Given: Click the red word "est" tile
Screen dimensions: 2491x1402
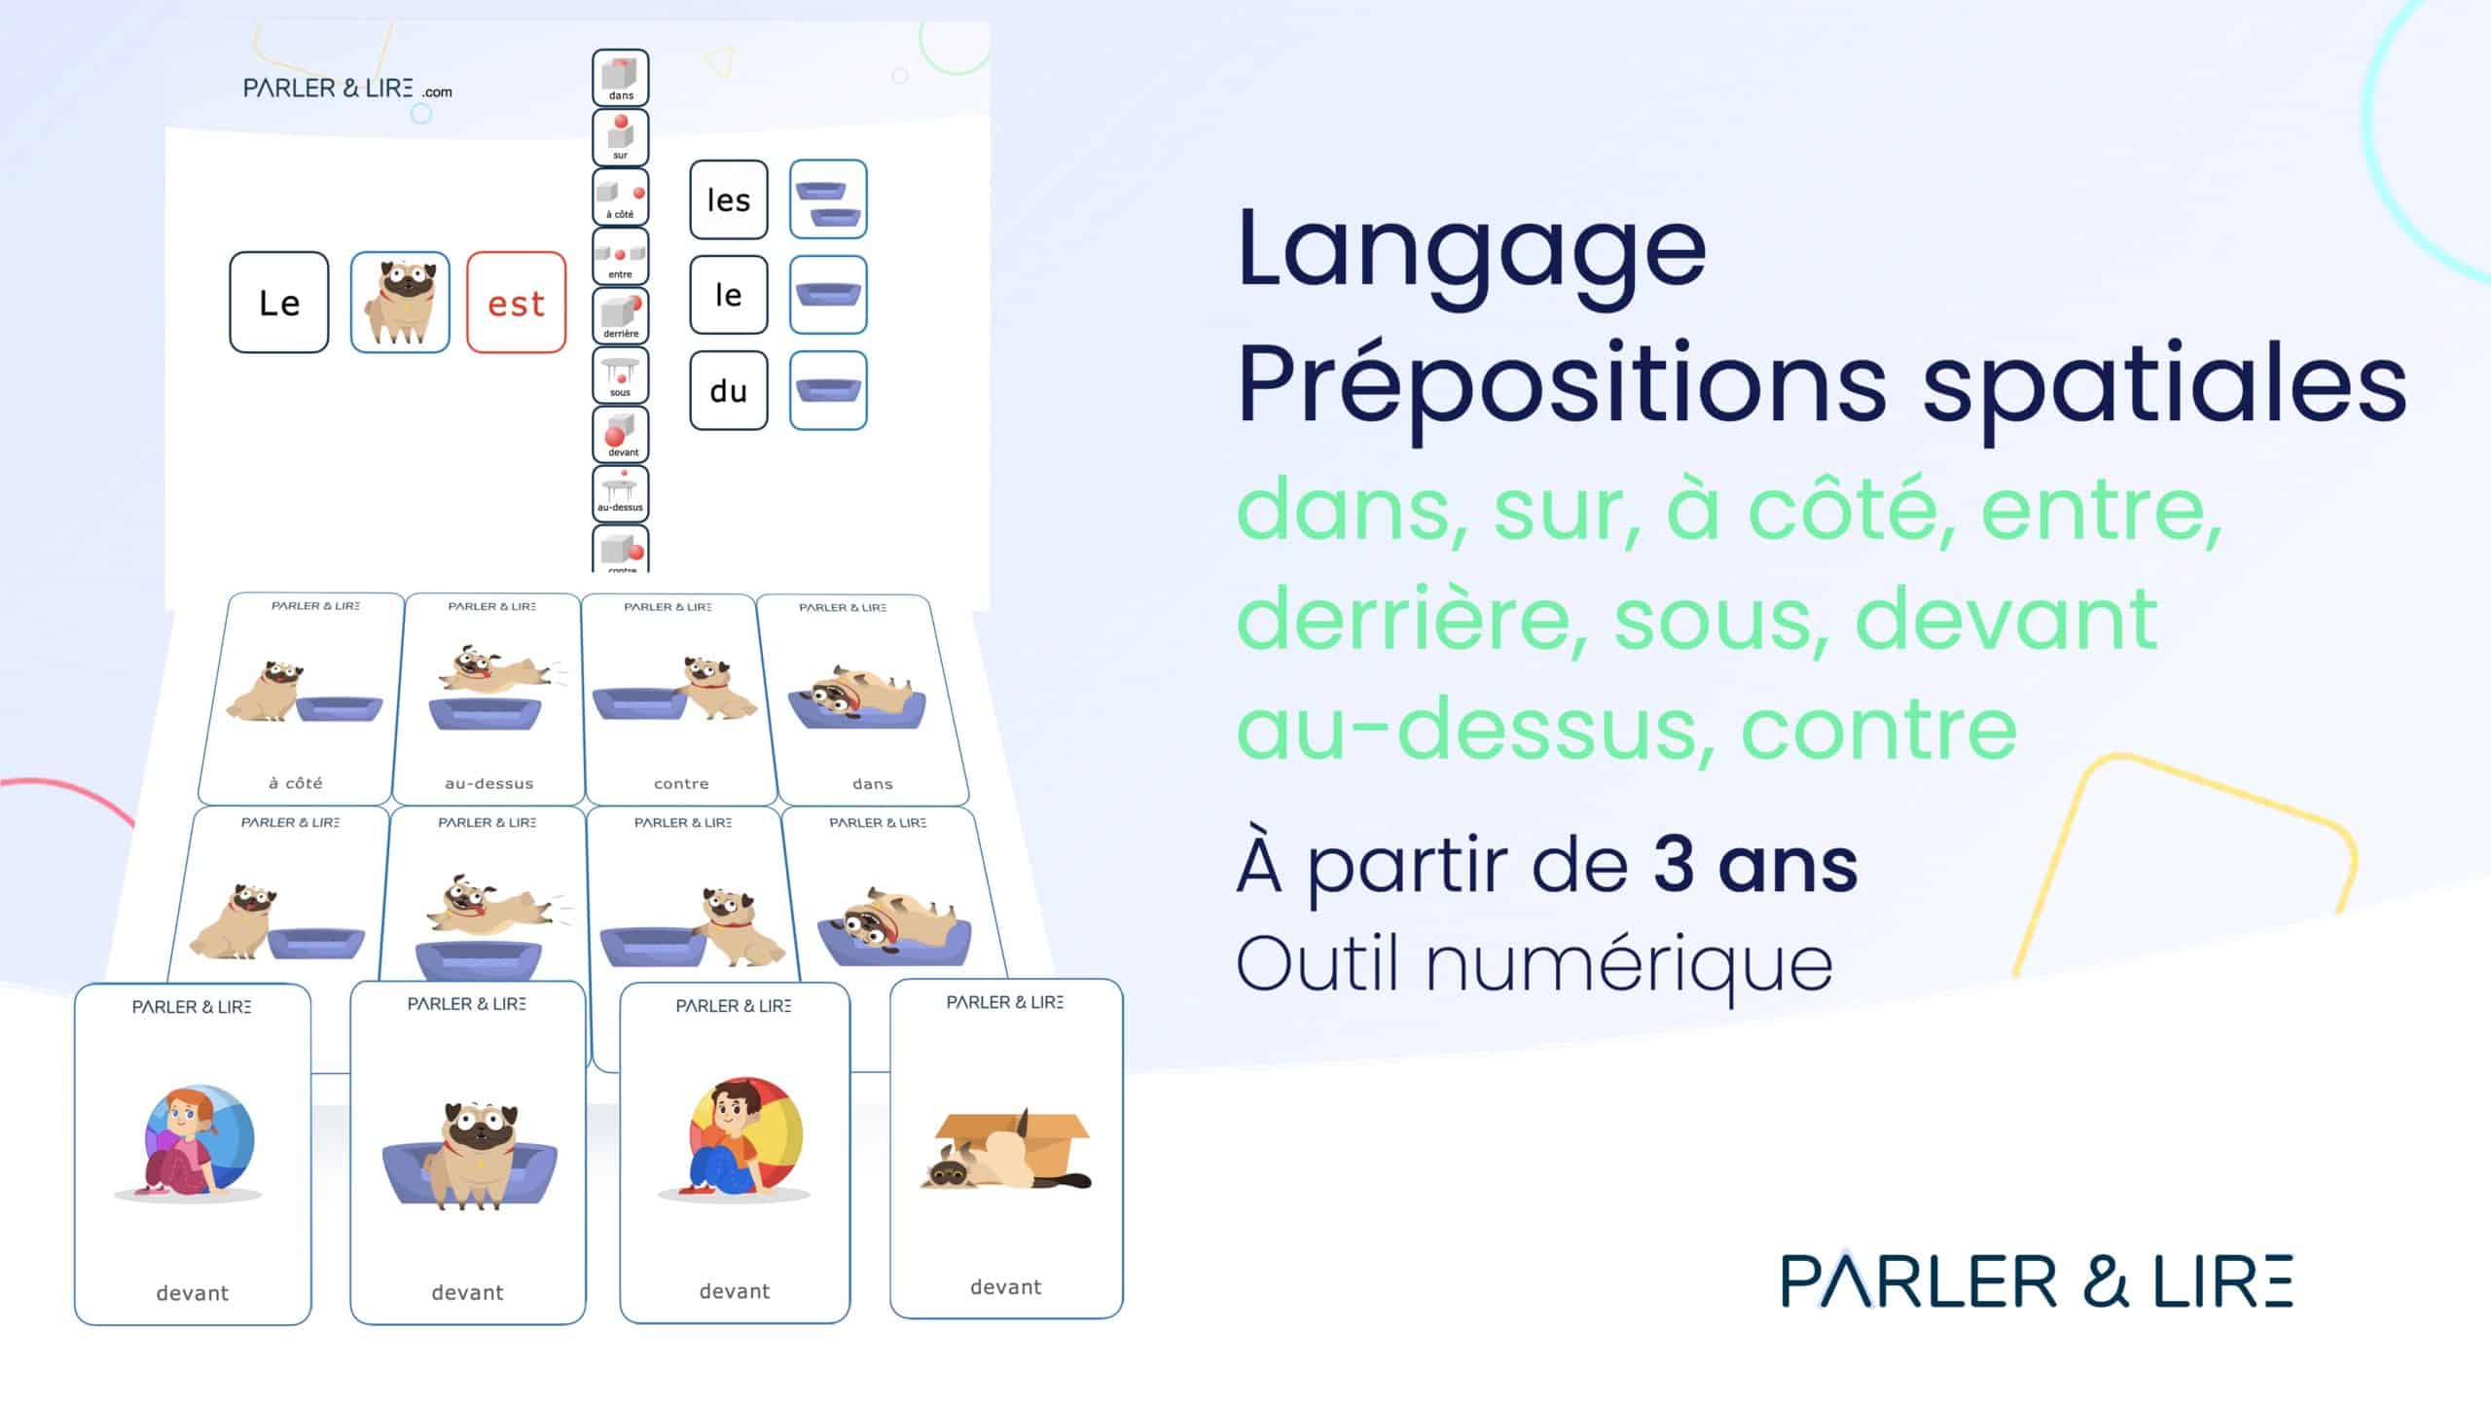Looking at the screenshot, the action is click(x=516, y=303).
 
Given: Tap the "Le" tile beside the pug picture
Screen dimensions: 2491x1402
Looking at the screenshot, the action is click(x=279, y=303).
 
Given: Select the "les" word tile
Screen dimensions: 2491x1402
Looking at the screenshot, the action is click(x=729, y=199).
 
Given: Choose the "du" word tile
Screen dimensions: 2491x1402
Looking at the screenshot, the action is click(x=729, y=390).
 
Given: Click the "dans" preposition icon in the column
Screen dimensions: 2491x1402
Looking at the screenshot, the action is click(x=621, y=77).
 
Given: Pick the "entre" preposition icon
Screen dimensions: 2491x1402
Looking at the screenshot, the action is click(x=621, y=256).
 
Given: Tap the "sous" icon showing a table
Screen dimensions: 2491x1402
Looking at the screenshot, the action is click(x=621, y=375).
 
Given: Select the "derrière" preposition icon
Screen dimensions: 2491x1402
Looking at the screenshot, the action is click(x=621, y=315).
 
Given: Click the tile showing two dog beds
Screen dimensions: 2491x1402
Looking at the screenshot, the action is click(x=828, y=199).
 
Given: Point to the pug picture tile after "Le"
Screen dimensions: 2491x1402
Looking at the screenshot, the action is click(x=400, y=303).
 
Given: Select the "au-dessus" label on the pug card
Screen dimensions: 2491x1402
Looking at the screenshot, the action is click(x=488, y=783).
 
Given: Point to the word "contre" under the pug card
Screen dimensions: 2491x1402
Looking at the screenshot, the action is click(x=681, y=783).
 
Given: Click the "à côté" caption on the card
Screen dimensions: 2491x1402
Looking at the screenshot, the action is click(x=295, y=782).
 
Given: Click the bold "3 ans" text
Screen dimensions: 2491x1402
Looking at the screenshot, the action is click(x=1755, y=866).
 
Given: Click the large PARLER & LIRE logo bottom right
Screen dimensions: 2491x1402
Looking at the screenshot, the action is click(x=2037, y=1280).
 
